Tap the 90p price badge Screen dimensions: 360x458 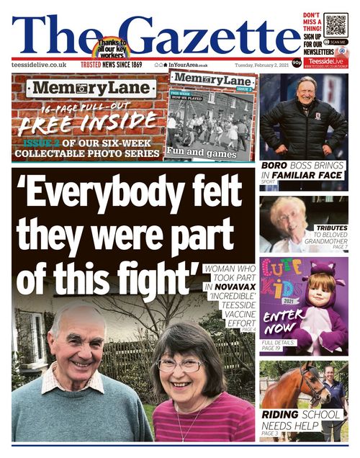click(x=297, y=63)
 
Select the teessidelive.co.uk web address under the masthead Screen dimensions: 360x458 click(x=39, y=65)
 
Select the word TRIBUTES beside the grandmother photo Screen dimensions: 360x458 click(x=331, y=228)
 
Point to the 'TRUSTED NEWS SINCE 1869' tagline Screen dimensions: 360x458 click(x=111, y=65)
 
